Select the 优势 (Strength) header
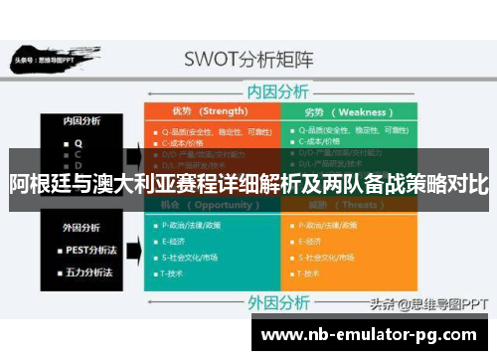pos(210,110)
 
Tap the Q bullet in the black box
pos(78,141)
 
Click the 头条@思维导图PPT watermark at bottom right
pos(428,303)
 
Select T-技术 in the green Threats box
pos(313,272)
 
